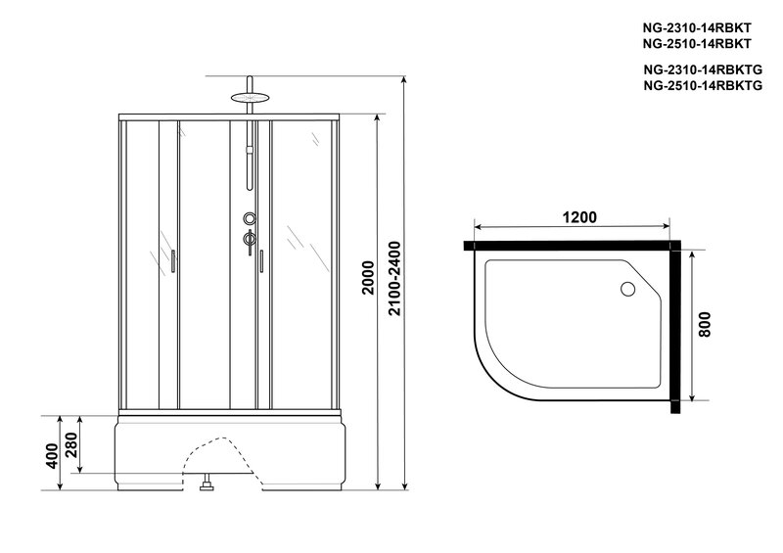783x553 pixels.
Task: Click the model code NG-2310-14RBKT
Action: pyautogui.click(x=697, y=27)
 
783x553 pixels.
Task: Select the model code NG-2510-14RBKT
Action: pyautogui.click(x=697, y=43)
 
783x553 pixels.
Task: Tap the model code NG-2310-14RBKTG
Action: pyautogui.click(x=703, y=69)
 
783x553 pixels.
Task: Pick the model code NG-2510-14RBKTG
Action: pyautogui.click(x=703, y=85)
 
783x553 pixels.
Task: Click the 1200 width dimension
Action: pyautogui.click(x=579, y=217)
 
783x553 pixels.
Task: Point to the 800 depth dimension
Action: pyautogui.click(x=704, y=325)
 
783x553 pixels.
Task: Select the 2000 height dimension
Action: pyautogui.click(x=368, y=278)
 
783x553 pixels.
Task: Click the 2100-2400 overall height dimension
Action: pyautogui.click(x=394, y=278)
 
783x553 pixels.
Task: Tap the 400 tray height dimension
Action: pyautogui.click(x=53, y=456)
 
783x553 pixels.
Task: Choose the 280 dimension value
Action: pyautogui.click(x=71, y=444)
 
